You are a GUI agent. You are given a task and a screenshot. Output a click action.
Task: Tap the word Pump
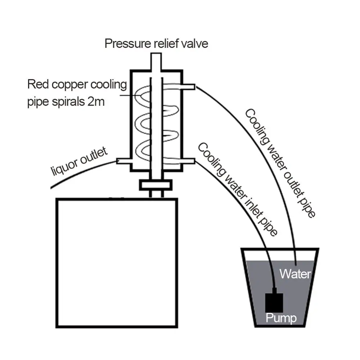[281, 318]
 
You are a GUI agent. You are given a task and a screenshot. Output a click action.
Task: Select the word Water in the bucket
[295, 274]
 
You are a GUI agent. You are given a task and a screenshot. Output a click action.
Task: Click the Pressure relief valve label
[156, 44]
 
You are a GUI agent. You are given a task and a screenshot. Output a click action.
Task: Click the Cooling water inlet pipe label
[238, 189]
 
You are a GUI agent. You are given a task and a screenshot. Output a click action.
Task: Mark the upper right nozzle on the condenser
[190, 87]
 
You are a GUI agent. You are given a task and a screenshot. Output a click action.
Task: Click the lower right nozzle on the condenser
[190, 160]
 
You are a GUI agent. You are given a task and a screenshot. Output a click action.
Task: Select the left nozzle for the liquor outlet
[123, 161]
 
